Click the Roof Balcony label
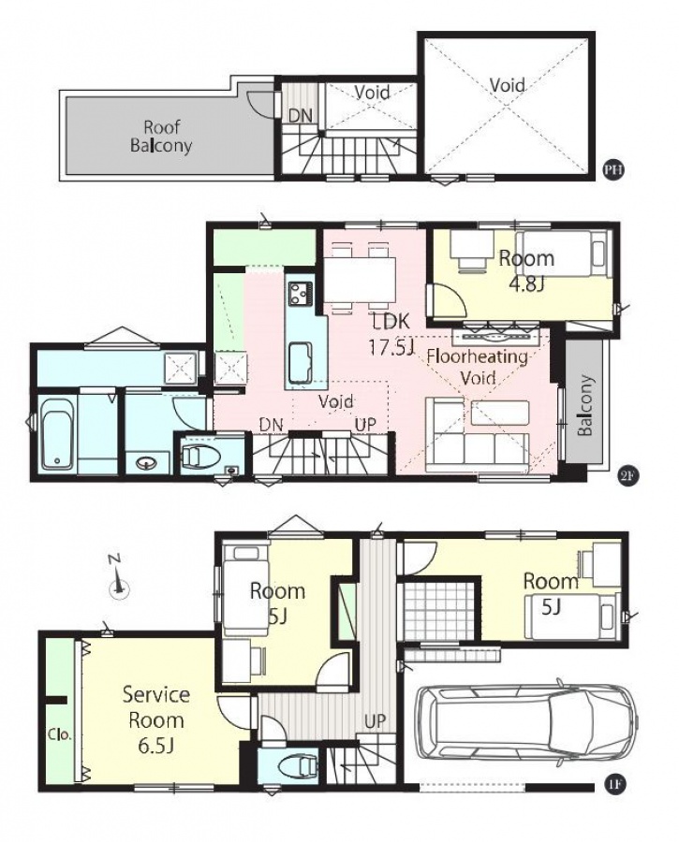tap(161, 137)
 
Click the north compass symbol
tap(118, 583)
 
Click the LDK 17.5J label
tap(391, 334)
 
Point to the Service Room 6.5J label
tap(155, 719)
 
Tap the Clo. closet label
tap(59, 735)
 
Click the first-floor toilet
tap(300, 766)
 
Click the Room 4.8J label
tap(526, 269)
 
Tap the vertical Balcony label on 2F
tap(584, 405)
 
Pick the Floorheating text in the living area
tap(477, 357)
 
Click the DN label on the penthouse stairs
tap(301, 115)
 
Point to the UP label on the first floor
tap(375, 721)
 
